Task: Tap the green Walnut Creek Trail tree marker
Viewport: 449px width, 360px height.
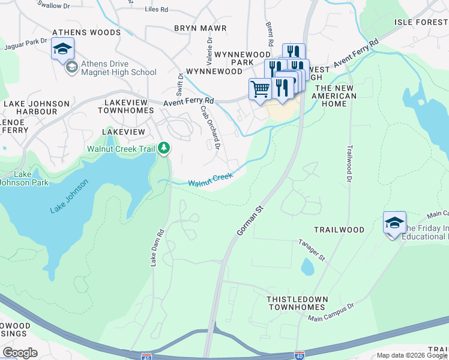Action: [164, 148]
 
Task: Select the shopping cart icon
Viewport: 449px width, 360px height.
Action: [260, 89]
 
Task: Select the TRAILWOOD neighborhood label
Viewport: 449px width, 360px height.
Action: [339, 230]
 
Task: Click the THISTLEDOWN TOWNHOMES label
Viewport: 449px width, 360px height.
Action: [297, 303]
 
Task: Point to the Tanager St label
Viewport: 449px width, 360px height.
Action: [312, 250]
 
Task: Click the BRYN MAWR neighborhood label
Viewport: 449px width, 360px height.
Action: [200, 28]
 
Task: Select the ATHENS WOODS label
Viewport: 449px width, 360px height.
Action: [86, 32]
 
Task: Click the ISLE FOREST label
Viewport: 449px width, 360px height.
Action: [421, 22]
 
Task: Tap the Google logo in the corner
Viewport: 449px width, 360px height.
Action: [20, 352]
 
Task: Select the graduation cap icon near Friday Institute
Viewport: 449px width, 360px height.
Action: [394, 223]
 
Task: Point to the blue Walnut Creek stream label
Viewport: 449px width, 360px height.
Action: [210, 179]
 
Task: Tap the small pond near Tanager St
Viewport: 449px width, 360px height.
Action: [307, 266]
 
